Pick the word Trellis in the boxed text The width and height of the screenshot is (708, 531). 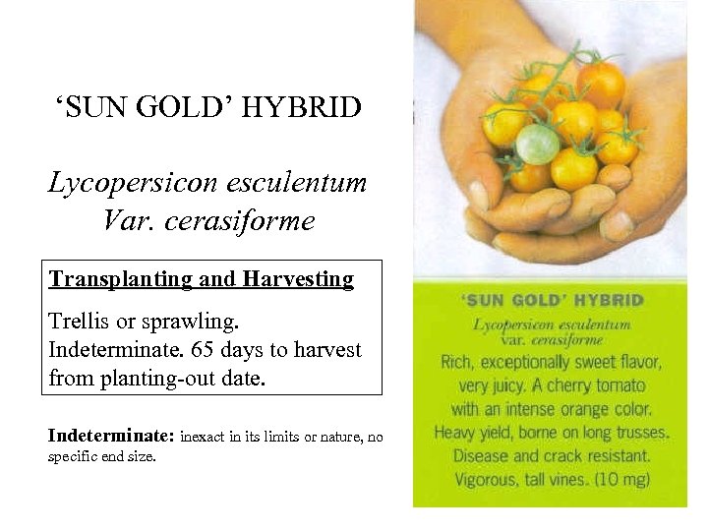tap(80, 323)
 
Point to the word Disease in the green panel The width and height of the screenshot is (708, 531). tap(483, 456)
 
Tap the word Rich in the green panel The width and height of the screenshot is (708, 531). tap(455, 362)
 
